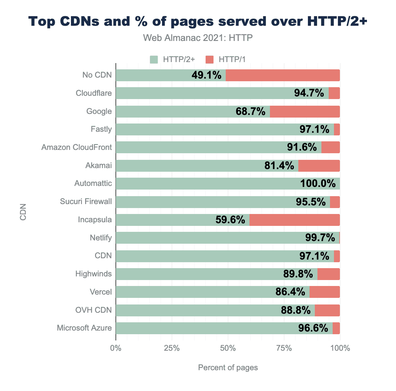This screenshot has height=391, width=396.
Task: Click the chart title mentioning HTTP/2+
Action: tap(198, 21)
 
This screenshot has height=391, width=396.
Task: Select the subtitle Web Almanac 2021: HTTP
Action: tap(198, 38)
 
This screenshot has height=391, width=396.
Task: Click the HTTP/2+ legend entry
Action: tap(173, 59)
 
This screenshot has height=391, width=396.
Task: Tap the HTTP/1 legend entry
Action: tap(226, 59)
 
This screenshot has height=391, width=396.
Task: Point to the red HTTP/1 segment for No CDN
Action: tap(282, 75)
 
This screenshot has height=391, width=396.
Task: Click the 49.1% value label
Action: tap(206, 75)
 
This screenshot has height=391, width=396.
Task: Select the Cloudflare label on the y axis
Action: tap(94, 93)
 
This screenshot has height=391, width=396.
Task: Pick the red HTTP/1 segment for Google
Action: tap(305, 111)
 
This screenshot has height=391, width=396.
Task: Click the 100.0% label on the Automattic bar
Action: tap(317, 183)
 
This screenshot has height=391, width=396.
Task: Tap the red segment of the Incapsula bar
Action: tap(294, 220)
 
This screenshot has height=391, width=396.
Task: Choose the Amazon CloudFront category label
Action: tap(77, 147)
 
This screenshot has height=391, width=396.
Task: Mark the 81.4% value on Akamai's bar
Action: tap(279, 165)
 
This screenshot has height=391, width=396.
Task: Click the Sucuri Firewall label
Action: tap(86, 201)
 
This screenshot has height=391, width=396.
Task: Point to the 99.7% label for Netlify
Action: tap(320, 238)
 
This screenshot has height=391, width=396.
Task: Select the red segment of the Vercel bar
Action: tap(324, 292)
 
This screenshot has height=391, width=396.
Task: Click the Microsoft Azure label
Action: tap(84, 328)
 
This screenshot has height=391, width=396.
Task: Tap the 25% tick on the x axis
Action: tap(172, 348)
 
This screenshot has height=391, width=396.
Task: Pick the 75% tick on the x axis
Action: tap(284, 348)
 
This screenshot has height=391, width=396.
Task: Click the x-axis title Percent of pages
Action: tap(228, 368)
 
